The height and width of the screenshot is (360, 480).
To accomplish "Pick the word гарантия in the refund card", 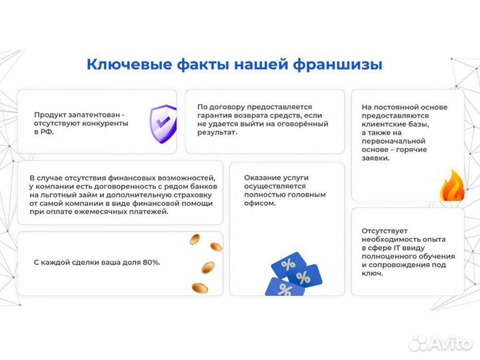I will (215, 115).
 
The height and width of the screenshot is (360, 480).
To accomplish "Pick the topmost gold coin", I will (195, 239).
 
